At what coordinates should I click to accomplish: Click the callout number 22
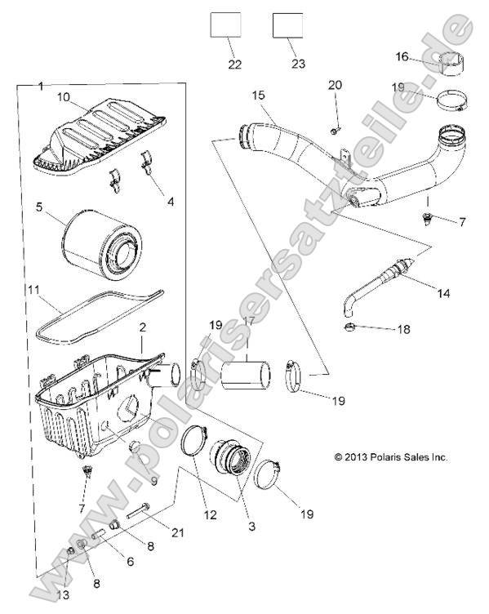point(235,65)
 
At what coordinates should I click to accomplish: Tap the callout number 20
point(336,86)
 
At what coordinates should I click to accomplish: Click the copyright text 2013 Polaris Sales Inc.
point(391,457)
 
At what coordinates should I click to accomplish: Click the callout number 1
point(42,86)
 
